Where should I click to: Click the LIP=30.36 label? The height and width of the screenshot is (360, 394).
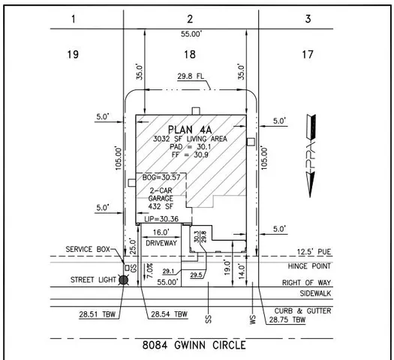click(x=161, y=218)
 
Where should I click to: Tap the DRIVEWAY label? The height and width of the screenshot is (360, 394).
click(x=161, y=244)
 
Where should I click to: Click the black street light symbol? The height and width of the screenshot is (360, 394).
click(x=124, y=280)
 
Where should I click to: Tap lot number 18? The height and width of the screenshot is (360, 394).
click(x=190, y=53)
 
